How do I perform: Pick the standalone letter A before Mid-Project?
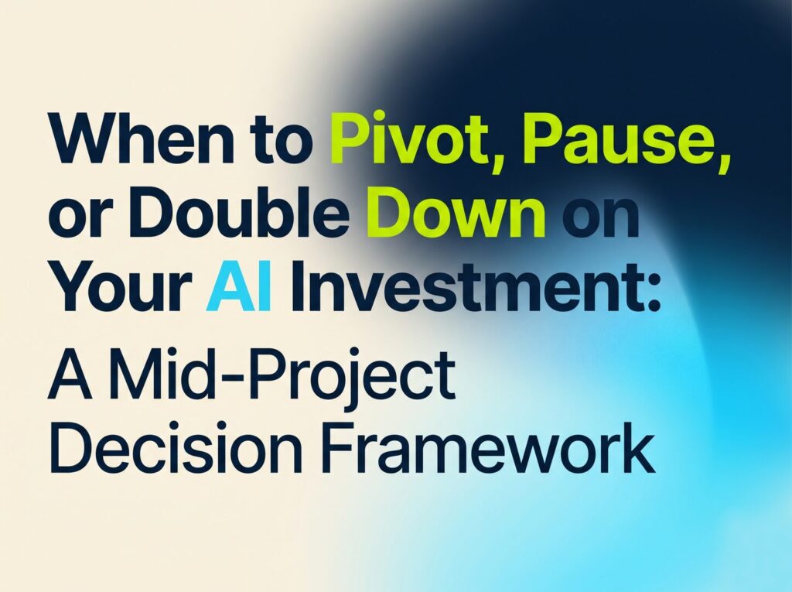point(70,375)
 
